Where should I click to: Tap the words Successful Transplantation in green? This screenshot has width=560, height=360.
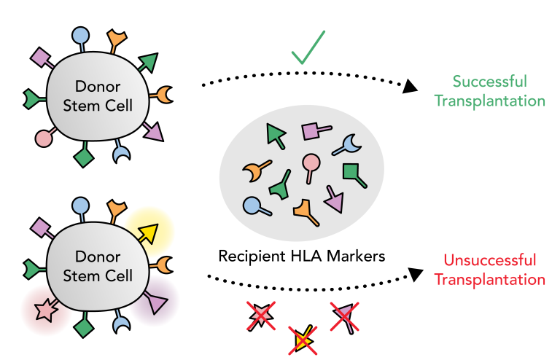click(x=489, y=91)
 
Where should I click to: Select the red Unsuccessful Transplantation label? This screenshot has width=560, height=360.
click(x=494, y=270)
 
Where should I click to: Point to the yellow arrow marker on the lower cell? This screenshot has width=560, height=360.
click(x=148, y=232)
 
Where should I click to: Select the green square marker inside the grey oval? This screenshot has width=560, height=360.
click(x=352, y=172)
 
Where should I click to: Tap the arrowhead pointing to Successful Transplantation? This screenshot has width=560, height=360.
click(x=411, y=87)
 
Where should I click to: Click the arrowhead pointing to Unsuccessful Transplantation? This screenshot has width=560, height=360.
click(x=414, y=274)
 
